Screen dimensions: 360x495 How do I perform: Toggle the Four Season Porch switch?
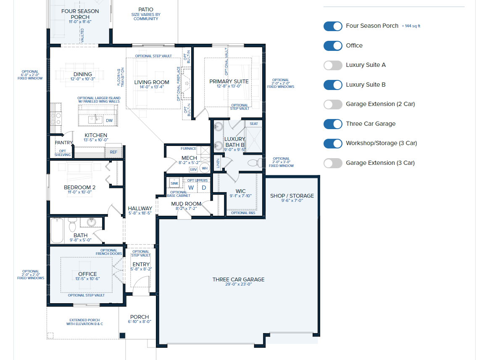(333, 26)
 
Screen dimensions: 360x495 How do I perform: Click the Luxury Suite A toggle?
(333, 65)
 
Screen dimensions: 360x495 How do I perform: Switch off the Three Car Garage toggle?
(333, 124)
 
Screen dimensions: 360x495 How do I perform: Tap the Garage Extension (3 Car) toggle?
(333, 163)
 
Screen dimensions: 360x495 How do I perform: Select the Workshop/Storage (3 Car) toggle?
(333, 143)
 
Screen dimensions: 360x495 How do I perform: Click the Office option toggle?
(333, 46)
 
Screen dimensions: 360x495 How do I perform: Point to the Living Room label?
(152, 82)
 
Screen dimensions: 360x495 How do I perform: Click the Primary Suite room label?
(229, 82)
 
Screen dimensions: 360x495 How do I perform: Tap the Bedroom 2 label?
(79, 188)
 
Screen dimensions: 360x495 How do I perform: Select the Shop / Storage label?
(292, 196)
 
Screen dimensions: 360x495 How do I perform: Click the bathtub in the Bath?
(57, 230)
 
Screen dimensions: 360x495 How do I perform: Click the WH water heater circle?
(205, 168)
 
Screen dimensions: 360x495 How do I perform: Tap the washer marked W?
(191, 188)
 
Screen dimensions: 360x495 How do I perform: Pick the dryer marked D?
(204, 188)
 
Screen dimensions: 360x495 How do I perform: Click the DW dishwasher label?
(109, 121)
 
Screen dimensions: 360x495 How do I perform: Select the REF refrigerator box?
(113, 152)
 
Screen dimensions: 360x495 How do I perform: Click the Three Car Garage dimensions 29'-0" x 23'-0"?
(238, 284)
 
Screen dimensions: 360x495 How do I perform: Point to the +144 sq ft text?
(411, 26)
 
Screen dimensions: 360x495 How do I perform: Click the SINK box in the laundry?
(174, 183)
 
